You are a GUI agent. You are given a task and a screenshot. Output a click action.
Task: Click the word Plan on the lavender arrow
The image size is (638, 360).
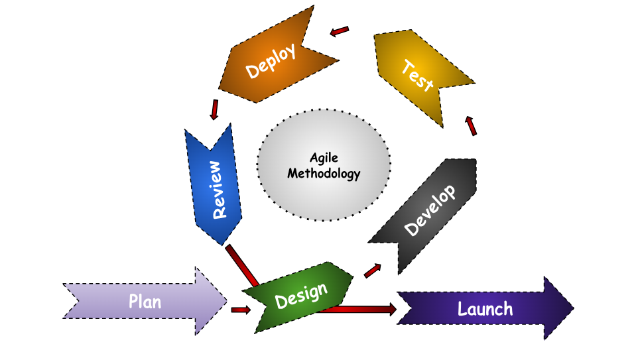(x=145, y=302)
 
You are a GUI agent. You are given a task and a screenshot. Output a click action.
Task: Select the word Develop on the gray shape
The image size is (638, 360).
(x=430, y=210)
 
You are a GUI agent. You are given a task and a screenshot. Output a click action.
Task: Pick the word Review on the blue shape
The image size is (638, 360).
(x=217, y=190)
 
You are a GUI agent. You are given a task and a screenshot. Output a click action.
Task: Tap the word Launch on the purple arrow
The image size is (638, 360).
(x=485, y=309)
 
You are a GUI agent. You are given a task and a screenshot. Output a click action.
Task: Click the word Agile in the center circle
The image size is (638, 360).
(x=324, y=158)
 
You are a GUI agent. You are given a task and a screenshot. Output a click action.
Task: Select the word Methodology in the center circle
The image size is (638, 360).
(x=324, y=174)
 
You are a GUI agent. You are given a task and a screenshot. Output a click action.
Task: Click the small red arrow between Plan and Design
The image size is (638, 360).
(x=240, y=310)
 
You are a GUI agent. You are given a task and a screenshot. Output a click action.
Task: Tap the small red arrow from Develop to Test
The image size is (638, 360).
(x=471, y=125)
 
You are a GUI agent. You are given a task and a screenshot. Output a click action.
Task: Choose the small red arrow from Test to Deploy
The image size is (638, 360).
(x=340, y=31)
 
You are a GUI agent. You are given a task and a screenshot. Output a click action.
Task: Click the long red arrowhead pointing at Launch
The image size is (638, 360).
(x=390, y=309)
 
